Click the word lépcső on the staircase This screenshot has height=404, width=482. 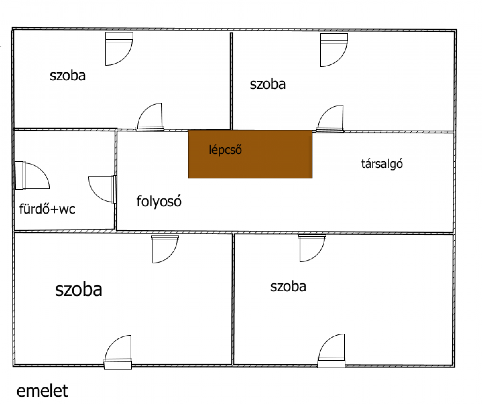[x=225, y=150]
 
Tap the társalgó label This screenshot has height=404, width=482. [x=382, y=164]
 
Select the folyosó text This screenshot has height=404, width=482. [x=159, y=201]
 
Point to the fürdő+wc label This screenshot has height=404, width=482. [x=47, y=209]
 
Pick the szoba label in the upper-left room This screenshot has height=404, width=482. [x=68, y=76]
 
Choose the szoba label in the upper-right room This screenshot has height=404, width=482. [x=268, y=84]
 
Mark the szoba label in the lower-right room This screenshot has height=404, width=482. [x=288, y=287]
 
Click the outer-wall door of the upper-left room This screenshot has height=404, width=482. [x=119, y=49]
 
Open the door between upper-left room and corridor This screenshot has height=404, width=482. [x=150, y=117]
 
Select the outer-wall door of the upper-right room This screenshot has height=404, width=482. [x=334, y=50]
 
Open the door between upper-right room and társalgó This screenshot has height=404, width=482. [x=330, y=119]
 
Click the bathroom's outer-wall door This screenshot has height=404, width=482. [x=32, y=175]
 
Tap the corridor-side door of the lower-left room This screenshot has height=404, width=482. [x=165, y=249]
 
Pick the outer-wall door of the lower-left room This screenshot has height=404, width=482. [x=118, y=352]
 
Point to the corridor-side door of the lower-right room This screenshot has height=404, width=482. [x=312, y=248]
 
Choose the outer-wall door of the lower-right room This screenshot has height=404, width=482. [x=331, y=351]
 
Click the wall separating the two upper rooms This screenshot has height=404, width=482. [x=231, y=81]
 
